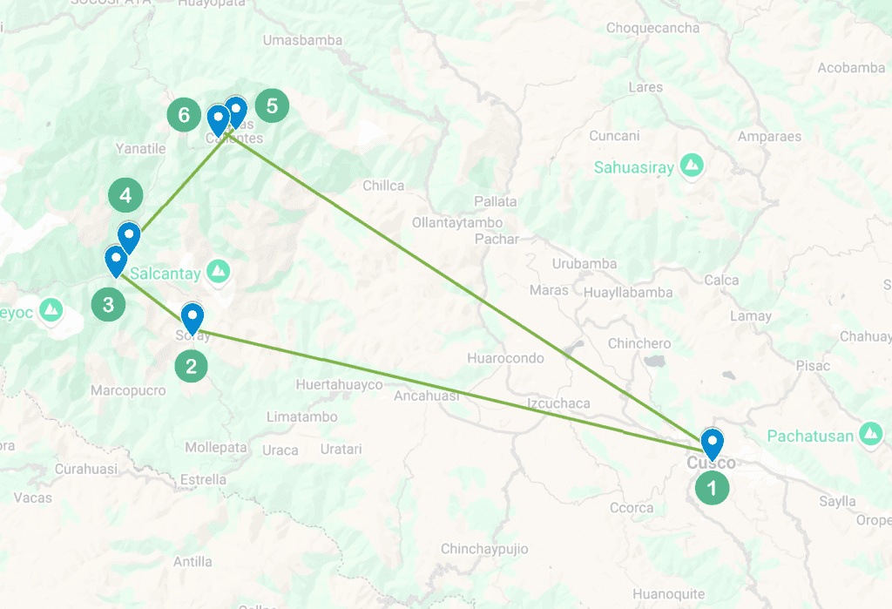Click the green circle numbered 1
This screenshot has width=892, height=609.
coord(713,488)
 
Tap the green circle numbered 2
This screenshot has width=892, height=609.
coord(192,366)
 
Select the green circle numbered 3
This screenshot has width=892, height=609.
coord(108,305)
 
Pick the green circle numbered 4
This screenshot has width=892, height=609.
coord(125,195)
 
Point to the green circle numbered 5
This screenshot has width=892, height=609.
coord(272,106)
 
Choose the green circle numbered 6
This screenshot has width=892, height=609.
coord(183,114)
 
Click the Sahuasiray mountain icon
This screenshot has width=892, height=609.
coord(693,164)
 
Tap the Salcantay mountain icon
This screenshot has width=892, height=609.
coord(218,272)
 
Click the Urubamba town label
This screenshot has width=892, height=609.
coord(585,264)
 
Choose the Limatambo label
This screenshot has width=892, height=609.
coord(302,417)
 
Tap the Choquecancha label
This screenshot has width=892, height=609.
coord(652,28)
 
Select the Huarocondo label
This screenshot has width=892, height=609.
coord(505,358)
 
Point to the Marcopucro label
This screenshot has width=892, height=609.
coord(128,390)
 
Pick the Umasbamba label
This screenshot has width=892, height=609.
coord(302,40)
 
